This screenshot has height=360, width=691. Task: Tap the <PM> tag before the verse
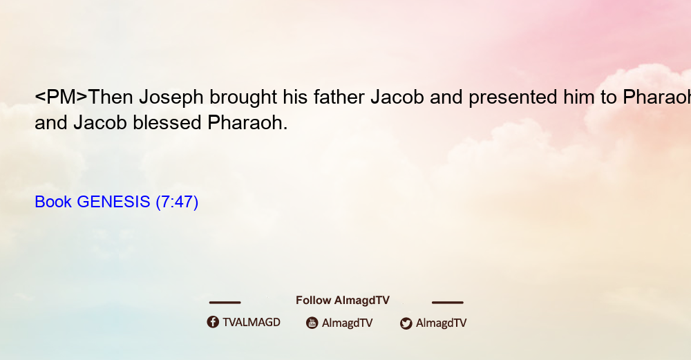click(61, 97)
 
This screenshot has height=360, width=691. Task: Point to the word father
click(339, 97)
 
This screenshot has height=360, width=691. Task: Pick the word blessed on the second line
click(167, 122)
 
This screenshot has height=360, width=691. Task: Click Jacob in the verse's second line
click(100, 122)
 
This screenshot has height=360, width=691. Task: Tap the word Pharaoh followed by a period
click(247, 122)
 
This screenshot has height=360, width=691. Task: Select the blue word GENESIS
click(113, 202)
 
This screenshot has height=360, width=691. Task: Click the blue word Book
click(53, 202)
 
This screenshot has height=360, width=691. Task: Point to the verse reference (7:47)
click(177, 202)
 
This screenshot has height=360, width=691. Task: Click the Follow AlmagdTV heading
click(343, 301)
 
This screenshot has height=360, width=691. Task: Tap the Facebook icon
click(213, 322)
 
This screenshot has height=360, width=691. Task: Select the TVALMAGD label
click(252, 323)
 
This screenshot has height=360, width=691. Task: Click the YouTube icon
click(312, 323)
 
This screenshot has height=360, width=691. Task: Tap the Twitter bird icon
click(406, 323)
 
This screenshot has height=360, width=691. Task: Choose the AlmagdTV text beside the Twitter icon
click(441, 323)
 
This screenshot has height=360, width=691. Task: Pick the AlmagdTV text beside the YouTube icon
click(348, 323)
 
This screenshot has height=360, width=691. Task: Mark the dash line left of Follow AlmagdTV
click(225, 303)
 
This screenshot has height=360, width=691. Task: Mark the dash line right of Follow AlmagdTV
click(448, 303)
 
